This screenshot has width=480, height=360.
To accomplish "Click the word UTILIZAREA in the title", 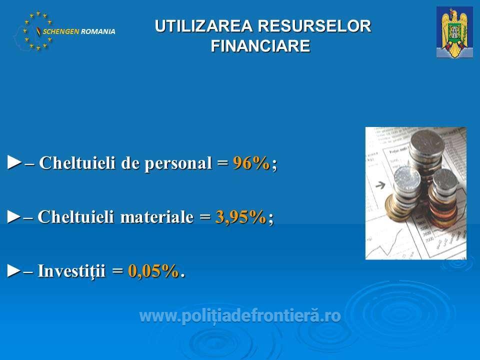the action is point(203,26).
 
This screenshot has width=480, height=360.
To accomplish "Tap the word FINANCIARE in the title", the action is point(260,46).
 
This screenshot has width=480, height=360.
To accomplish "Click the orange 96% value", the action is point(251,162).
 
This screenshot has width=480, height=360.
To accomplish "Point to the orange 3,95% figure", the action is point(241,217).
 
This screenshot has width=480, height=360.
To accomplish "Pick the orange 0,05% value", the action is point(153,271).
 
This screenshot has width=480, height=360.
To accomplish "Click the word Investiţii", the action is point(71,271).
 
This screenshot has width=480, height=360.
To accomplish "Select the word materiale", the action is point(156,217).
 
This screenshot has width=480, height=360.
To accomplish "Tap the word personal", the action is point(178,163).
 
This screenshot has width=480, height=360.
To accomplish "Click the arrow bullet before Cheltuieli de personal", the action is point(14,162).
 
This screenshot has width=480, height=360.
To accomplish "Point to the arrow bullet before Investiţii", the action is point(14,270).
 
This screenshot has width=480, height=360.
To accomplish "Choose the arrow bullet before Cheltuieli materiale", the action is point(14,216).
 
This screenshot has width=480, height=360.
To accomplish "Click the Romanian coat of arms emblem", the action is point(454,32).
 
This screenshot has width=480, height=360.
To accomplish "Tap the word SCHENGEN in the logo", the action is point(61,31).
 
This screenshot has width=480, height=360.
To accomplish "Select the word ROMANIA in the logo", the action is point(98,31).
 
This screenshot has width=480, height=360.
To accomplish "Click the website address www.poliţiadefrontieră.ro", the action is point(240,316).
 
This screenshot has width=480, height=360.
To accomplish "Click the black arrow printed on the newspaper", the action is point(380,185).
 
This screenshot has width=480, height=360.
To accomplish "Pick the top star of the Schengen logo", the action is point(38,13).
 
